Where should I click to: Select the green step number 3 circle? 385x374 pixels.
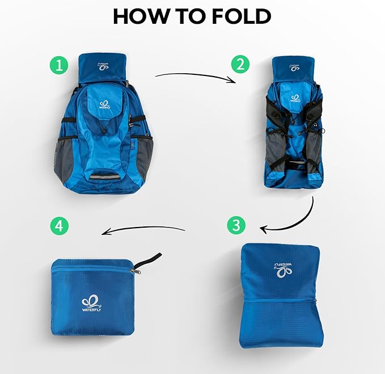point(236,225)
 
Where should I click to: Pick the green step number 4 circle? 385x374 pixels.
point(59,226)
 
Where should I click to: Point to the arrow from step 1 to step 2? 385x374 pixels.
point(196,75)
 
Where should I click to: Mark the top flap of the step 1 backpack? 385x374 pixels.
point(102,67)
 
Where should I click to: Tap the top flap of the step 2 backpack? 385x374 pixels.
point(294,67)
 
